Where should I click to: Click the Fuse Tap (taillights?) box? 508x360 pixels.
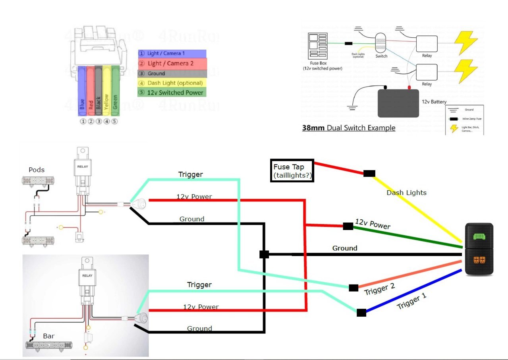[292, 171]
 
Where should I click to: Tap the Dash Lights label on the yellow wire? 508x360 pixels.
[406, 193]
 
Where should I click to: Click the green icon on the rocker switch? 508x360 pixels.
[479, 237]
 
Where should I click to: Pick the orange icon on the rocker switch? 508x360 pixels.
[479, 261]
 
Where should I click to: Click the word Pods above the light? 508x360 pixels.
[37, 170]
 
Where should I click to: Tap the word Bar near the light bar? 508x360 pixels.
[48, 336]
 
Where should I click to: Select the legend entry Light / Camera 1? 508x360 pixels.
[172, 54]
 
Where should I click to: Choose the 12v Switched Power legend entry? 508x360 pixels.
[172, 93]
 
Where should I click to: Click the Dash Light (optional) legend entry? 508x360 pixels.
[172, 83]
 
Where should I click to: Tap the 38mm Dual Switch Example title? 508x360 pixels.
[348, 128]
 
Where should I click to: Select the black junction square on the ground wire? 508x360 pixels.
[264, 254]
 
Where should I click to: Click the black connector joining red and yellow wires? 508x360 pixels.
[369, 173]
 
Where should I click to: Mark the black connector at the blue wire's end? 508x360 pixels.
[361, 313]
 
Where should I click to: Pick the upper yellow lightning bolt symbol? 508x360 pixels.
[466, 43]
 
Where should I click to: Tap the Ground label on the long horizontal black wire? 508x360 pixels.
[344, 248]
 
